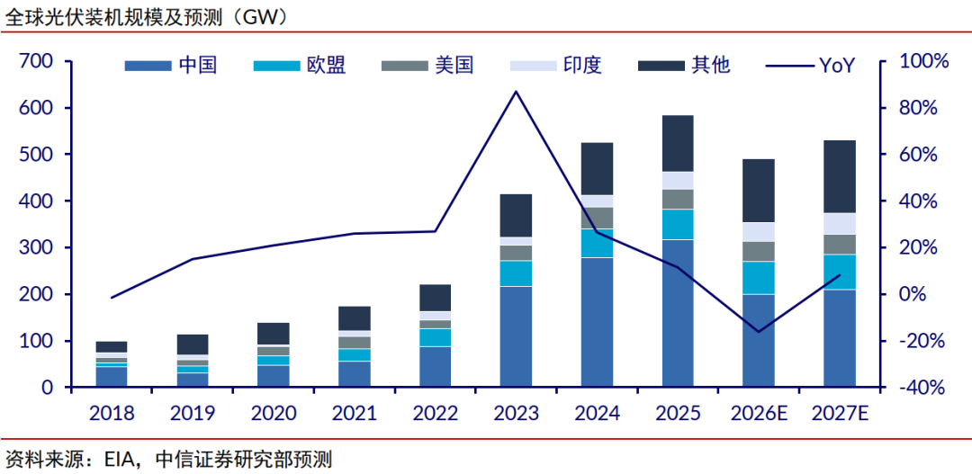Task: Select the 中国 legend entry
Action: coord(170,65)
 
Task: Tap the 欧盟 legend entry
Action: coord(300,65)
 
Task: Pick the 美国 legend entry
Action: coord(427,65)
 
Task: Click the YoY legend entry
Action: coord(811,65)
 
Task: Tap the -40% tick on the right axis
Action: coord(922,388)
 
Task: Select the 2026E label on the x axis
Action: coord(760,413)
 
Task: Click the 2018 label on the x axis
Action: coord(112,413)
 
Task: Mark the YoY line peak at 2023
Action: coord(517,91)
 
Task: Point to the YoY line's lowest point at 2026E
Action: coord(759,332)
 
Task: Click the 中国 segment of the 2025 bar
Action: coord(679,314)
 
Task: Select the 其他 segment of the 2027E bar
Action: coord(840,176)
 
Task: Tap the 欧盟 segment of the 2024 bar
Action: coord(597,244)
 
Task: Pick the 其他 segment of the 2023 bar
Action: coord(516,216)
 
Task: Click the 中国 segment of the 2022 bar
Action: coord(436,368)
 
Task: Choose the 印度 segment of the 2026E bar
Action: coord(759,232)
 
